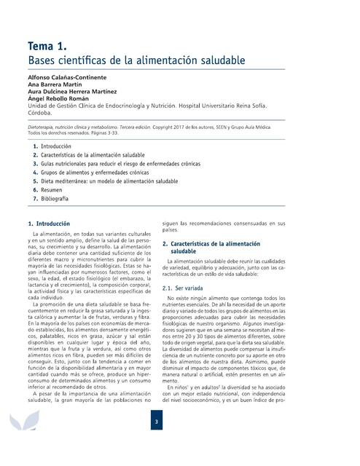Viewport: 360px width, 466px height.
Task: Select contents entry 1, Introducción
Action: [56, 147]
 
